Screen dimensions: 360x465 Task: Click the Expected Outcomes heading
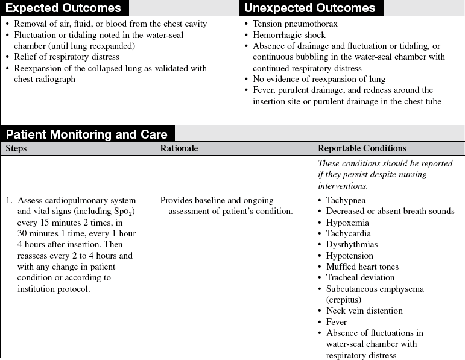pos(64,8)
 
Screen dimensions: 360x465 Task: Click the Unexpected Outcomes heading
pos(310,8)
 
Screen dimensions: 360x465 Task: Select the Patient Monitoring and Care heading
pos(86,134)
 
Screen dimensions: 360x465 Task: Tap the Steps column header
pos(16,148)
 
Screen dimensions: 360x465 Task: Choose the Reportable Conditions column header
pos(362,148)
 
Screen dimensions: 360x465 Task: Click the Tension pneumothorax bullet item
pos(295,24)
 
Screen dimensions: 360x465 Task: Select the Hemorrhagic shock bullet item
pos(290,35)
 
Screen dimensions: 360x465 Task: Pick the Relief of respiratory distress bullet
pos(66,57)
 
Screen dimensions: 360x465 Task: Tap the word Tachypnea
pos(346,200)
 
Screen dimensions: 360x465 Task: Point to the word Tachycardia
pos(349,233)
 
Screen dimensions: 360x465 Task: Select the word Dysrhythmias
pos(352,245)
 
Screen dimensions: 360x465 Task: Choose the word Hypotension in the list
pos(349,256)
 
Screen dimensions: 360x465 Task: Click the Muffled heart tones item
pos(362,267)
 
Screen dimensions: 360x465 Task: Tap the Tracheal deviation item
pos(360,278)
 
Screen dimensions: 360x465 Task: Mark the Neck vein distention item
pos(364,311)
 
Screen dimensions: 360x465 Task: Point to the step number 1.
pos(9,200)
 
